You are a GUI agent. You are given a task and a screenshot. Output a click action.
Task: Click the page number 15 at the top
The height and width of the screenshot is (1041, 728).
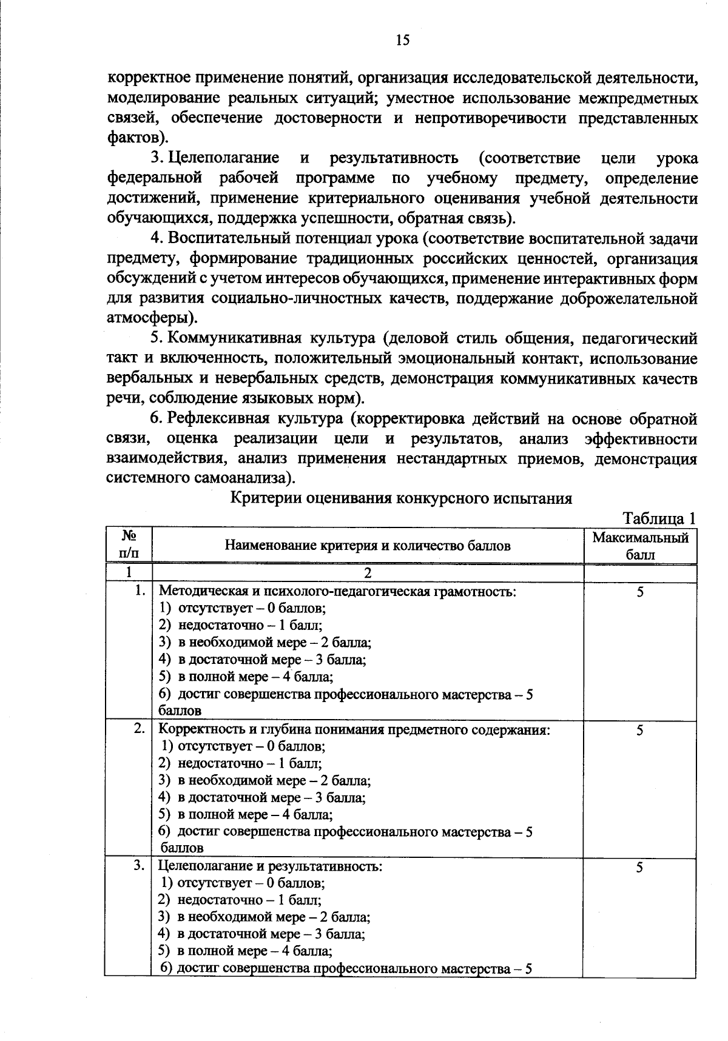click(x=402, y=40)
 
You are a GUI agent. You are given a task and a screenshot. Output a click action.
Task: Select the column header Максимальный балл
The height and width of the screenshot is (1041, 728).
click(x=640, y=546)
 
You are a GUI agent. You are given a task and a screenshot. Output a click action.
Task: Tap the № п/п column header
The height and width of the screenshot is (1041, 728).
click(x=128, y=545)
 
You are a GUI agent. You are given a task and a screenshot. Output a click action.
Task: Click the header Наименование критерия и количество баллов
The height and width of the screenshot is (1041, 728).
click(x=368, y=546)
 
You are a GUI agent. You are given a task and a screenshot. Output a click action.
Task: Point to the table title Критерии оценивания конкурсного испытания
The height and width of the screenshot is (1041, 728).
click(x=402, y=498)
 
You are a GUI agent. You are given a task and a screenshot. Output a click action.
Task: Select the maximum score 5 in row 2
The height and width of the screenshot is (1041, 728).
click(x=640, y=731)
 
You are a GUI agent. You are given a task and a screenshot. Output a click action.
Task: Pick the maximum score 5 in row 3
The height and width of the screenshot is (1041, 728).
click(x=640, y=868)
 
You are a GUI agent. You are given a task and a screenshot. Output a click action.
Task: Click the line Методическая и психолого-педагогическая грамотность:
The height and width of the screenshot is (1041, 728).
click(x=337, y=591)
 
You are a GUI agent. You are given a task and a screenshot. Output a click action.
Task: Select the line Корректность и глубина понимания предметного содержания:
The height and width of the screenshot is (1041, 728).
click(x=354, y=729)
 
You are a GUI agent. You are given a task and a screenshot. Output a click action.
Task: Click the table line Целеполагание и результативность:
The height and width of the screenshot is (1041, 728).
click(x=271, y=866)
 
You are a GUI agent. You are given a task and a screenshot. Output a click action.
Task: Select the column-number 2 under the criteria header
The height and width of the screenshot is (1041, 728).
click(x=367, y=573)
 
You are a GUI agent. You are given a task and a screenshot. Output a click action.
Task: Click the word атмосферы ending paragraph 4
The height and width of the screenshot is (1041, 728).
click(x=147, y=318)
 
